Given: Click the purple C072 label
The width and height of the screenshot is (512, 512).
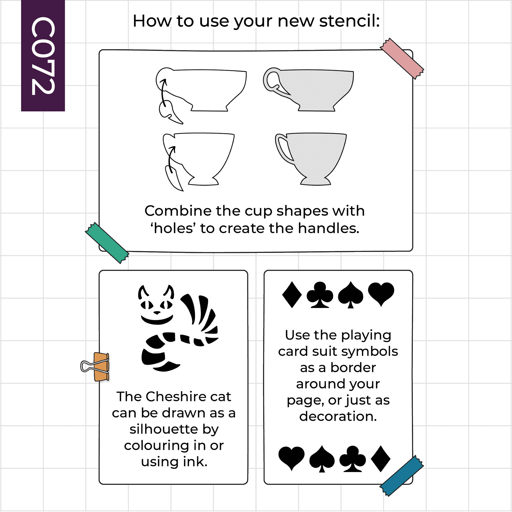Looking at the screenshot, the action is tap(43, 56).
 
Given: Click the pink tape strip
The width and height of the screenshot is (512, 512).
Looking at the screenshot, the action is tap(402, 59).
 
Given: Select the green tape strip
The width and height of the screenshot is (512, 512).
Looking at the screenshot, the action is tap(107, 243).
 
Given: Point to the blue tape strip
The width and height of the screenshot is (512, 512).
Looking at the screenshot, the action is tap(402, 476).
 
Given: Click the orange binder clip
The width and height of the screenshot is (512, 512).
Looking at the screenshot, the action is tap(95, 367).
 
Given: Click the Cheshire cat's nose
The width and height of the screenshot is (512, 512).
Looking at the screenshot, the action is tap(157, 313).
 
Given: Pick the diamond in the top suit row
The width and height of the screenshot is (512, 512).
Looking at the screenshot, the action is tap(292, 295).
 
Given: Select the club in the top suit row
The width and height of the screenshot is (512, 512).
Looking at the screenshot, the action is tap(320, 295).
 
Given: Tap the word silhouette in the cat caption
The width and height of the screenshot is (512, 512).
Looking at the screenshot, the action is tap(164, 429).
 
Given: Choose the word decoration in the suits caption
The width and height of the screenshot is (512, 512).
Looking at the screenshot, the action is tap(338, 416).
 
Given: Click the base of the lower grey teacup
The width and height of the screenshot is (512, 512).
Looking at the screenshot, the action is tap(315, 181).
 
